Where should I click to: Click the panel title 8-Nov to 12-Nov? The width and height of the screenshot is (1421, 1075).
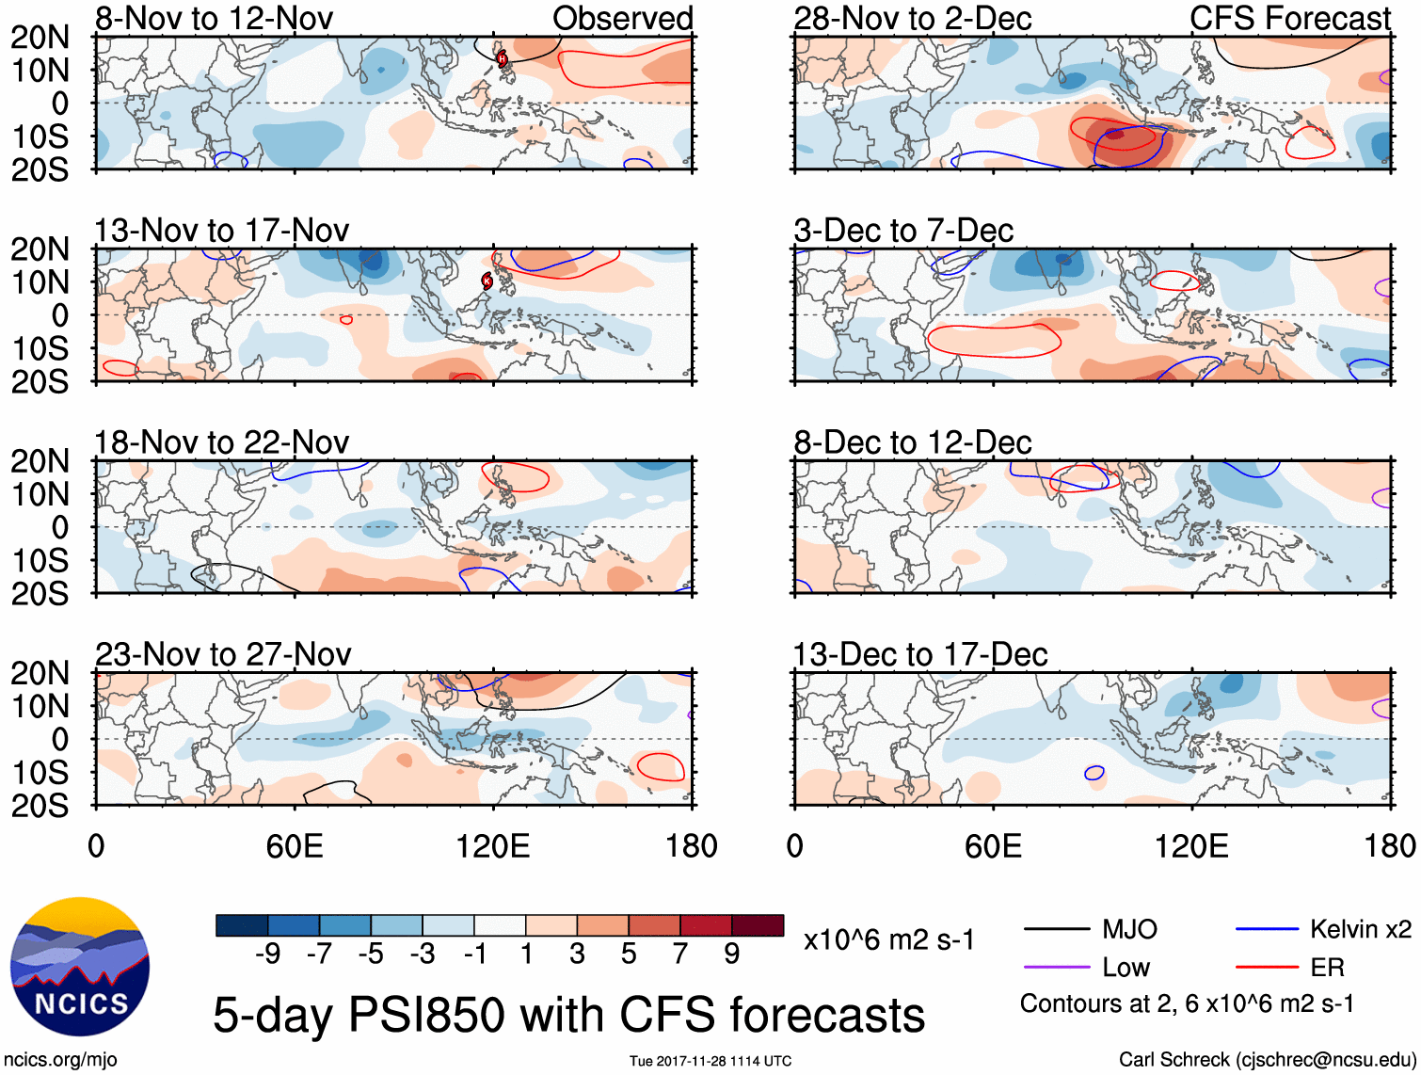214,19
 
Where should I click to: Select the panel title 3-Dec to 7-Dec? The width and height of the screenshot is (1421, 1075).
903,231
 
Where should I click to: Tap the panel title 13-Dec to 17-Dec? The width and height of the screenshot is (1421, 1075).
920,654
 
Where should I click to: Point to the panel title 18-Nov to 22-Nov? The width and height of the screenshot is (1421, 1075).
221,442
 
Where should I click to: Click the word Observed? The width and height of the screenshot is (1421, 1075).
622,19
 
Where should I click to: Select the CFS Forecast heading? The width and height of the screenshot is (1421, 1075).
1290,19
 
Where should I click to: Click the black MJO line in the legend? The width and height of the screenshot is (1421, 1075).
1056,930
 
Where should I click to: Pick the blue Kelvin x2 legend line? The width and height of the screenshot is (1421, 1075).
1267,930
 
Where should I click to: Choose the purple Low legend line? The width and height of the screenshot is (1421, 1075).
1056,968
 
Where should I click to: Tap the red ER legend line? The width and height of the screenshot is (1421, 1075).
1267,968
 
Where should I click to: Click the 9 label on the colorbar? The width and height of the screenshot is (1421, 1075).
732,955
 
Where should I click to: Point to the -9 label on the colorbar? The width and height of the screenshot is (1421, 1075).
267,955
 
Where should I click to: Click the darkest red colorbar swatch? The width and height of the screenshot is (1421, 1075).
758,925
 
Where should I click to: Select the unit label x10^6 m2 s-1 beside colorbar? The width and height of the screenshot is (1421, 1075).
889,939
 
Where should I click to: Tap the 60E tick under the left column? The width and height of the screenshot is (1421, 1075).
295,846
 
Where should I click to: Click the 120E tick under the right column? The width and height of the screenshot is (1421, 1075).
1191,846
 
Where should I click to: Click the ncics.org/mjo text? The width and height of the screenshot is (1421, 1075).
60,1060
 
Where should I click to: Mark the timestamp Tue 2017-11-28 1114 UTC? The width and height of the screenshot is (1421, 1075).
710,1061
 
